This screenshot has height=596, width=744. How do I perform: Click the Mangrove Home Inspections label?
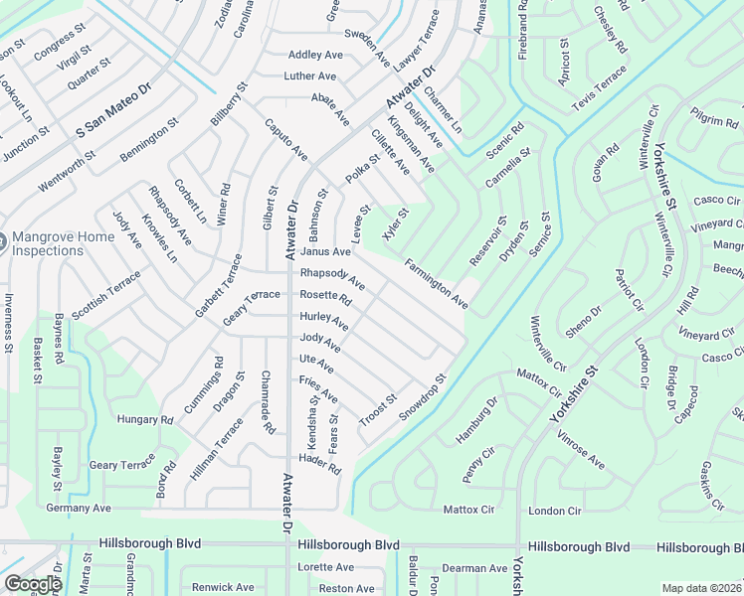coord(48,244)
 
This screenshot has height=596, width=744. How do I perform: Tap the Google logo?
coord(33,584)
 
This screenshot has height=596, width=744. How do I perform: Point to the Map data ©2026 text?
coord(701,588)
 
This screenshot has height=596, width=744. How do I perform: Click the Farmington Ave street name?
coord(436,283)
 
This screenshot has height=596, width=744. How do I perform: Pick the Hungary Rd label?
coord(145,420)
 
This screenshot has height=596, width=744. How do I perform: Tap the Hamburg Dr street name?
coord(475,419)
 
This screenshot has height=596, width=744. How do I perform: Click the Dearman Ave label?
coord(476,569)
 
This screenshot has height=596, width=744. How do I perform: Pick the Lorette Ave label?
coord(326,567)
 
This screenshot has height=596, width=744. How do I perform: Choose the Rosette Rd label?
coord(326,297)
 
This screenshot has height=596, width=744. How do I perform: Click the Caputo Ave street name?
coord(285,139)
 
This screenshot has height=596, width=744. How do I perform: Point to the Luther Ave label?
coord(310,75)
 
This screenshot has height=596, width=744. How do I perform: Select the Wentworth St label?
coord(68,170)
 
